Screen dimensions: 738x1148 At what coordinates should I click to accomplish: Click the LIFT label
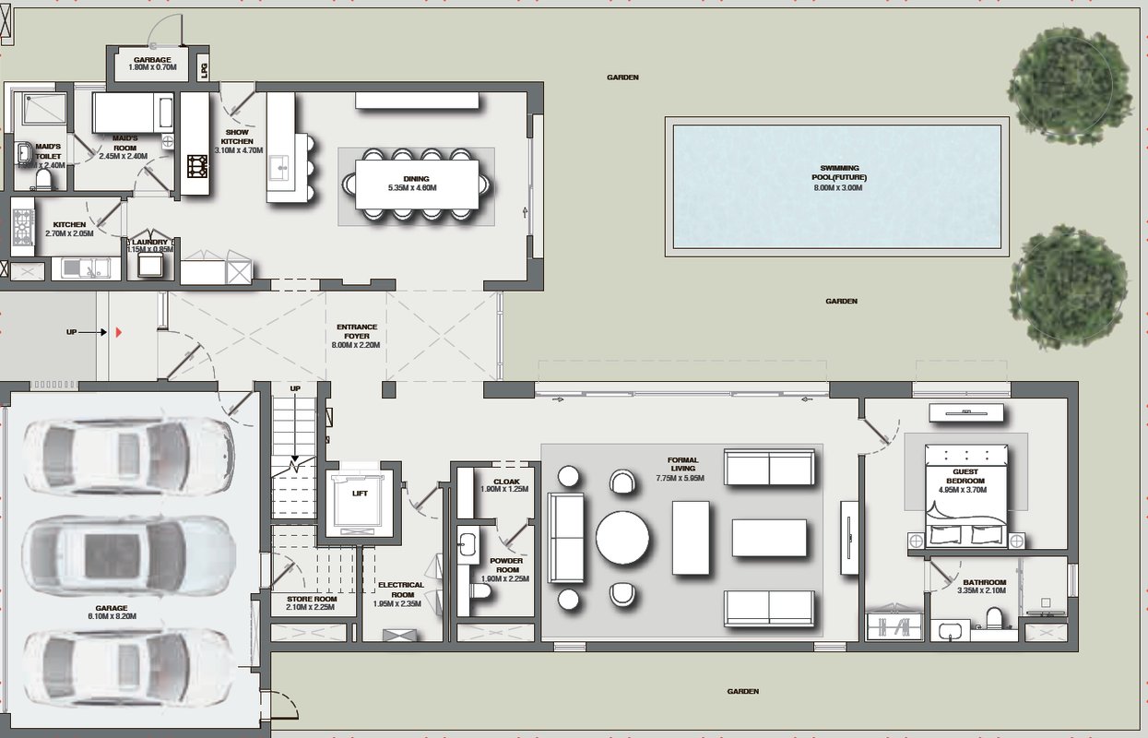point(360,494)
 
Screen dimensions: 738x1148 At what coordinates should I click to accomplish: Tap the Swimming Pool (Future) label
point(838,173)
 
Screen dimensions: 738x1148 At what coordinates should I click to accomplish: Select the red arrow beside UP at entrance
point(118,331)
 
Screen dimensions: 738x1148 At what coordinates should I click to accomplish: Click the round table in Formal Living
point(621,538)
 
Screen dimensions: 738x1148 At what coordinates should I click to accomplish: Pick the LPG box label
point(205,67)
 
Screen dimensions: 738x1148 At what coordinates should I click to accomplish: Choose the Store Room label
point(311,599)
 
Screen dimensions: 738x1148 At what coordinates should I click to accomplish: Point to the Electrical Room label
point(401,589)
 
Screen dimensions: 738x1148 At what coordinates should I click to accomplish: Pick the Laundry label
point(149,243)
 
